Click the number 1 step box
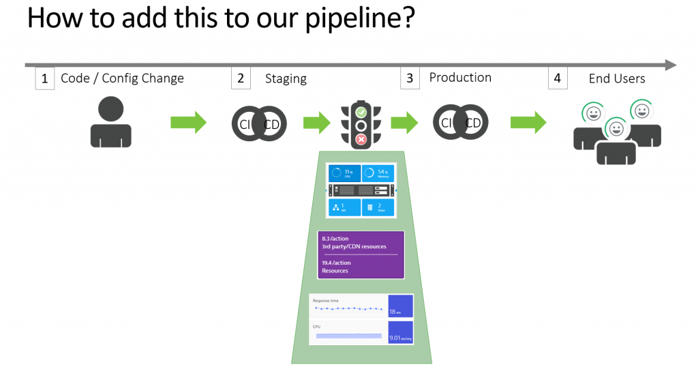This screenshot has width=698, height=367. (x=44, y=78)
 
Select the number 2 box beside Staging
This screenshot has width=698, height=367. (x=241, y=78)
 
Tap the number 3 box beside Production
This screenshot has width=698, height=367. (x=410, y=78)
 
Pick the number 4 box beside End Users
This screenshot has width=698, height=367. (x=557, y=78)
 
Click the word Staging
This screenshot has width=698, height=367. (x=286, y=79)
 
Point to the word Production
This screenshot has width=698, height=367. (x=460, y=78)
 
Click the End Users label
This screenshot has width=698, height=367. (x=616, y=78)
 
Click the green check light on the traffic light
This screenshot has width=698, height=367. (x=361, y=112)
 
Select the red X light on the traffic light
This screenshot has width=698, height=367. (x=361, y=139)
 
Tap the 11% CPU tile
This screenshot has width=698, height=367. (x=344, y=173)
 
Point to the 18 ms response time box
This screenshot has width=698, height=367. (x=400, y=306)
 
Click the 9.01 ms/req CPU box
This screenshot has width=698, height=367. (x=400, y=332)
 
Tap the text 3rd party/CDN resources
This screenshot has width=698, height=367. (x=354, y=246)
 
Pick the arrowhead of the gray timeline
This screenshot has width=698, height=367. (x=671, y=65)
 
